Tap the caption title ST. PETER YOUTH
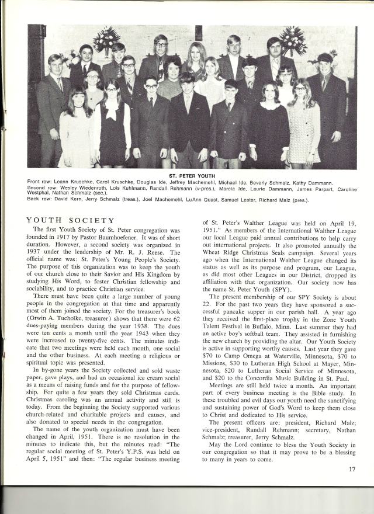pyautogui.click(x=193, y=175)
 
